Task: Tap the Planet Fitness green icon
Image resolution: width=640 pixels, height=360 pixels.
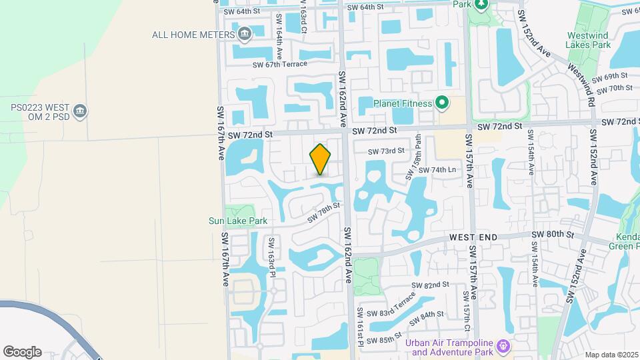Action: (x=441, y=103)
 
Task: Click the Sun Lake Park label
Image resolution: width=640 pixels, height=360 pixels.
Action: (x=238, y=221)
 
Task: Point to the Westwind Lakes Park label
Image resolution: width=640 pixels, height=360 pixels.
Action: (x=589, y=40)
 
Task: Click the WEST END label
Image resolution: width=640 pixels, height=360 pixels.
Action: (x=473, y=237)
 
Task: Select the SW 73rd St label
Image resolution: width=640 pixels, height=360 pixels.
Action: (x=388, y=151)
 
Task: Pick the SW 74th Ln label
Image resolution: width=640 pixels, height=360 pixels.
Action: (x=437, y=170)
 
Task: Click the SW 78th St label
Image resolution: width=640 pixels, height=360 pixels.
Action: (x=324, y=213)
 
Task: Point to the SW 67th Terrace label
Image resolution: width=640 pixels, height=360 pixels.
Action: (x=280, y=64)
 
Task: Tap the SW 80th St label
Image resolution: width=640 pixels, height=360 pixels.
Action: (x=553, y=235)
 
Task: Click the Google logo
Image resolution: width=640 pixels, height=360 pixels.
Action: (x=22, y=351)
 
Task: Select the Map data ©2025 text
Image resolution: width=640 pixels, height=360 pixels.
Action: (x=611, y=355)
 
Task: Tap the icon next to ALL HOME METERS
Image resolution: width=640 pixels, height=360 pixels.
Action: (x=244, y=33)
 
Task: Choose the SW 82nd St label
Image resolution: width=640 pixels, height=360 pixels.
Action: (x=430, y=285)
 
